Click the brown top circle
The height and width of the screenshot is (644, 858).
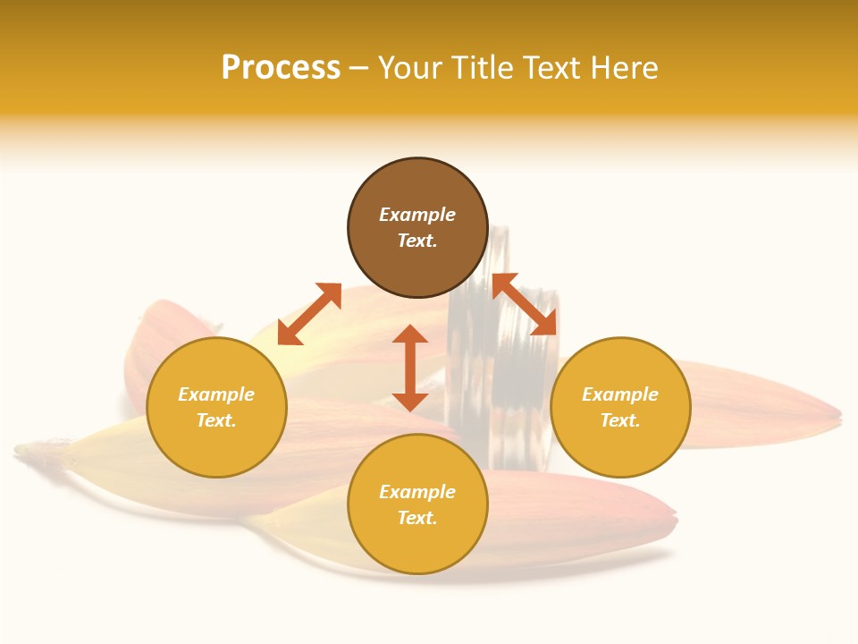click(x=417, y=228)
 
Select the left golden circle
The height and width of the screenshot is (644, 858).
click(x=216, y=407)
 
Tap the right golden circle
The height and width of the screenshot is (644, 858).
click(x=620, y=407)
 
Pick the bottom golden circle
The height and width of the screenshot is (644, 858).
click(x=417, y=504)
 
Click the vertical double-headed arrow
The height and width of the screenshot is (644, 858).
click(x=410, y=368)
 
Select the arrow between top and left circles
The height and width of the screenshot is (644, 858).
click(x=309, y=314)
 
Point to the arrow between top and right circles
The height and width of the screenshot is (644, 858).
click(x=525, y=304)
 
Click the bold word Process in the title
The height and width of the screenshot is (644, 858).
click(x=281, y=68)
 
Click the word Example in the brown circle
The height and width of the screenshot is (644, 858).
click(x=417, y=215)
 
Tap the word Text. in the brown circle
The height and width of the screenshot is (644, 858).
click(x=417, y=241)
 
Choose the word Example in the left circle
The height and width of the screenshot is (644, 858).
click(x=216, y=394)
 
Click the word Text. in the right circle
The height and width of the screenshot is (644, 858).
click(x=620, y=420)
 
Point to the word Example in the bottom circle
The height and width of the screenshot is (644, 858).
click(x=417, y=492)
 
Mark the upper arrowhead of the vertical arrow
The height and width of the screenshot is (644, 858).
click(x=410, y=334)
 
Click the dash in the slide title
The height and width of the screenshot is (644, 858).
click(x=359, y=69)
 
